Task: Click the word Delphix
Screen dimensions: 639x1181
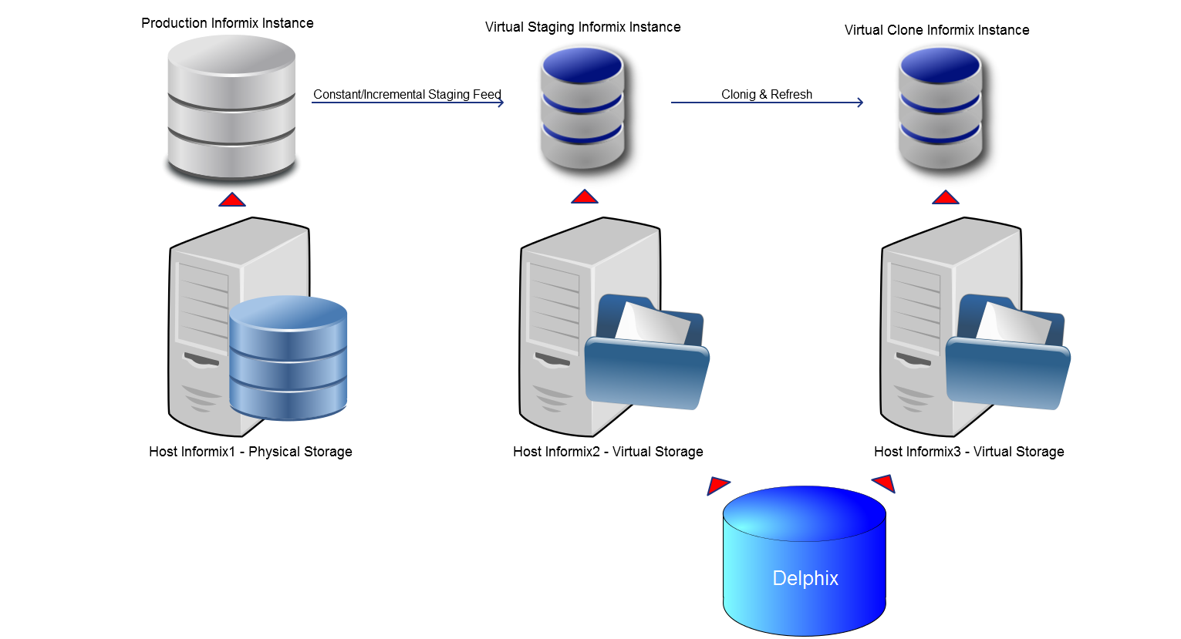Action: tap(805, 578)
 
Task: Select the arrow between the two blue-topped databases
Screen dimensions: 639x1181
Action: tap(767, 103)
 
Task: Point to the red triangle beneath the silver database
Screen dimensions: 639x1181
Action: tap(231, 200)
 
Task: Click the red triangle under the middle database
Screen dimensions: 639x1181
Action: tap(584, 197)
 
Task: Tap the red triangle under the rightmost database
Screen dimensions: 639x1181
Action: tap(945, 198)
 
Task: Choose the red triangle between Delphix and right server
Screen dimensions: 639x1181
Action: tap(885, 483)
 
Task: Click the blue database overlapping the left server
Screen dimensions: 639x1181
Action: tap(289, 358)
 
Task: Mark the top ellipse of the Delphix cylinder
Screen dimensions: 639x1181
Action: tap(804, 513)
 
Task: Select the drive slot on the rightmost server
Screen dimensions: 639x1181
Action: tap(913, 359)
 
